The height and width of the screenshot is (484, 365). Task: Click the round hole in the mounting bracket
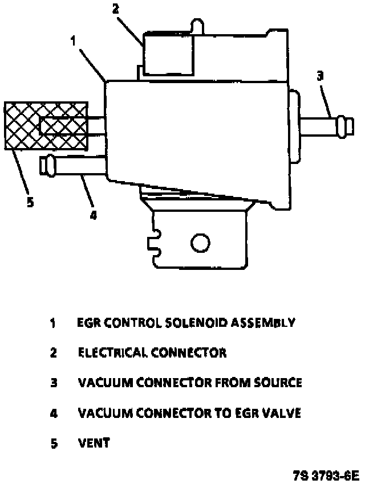click(x=200, y=244)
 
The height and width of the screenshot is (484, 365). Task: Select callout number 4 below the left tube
click(x=93, y=214)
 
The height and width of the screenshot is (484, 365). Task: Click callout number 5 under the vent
click(x=30, y=202)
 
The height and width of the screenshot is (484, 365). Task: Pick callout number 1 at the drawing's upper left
click(x=74, y=40)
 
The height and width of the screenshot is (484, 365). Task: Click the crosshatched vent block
click(x=46, y=126)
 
